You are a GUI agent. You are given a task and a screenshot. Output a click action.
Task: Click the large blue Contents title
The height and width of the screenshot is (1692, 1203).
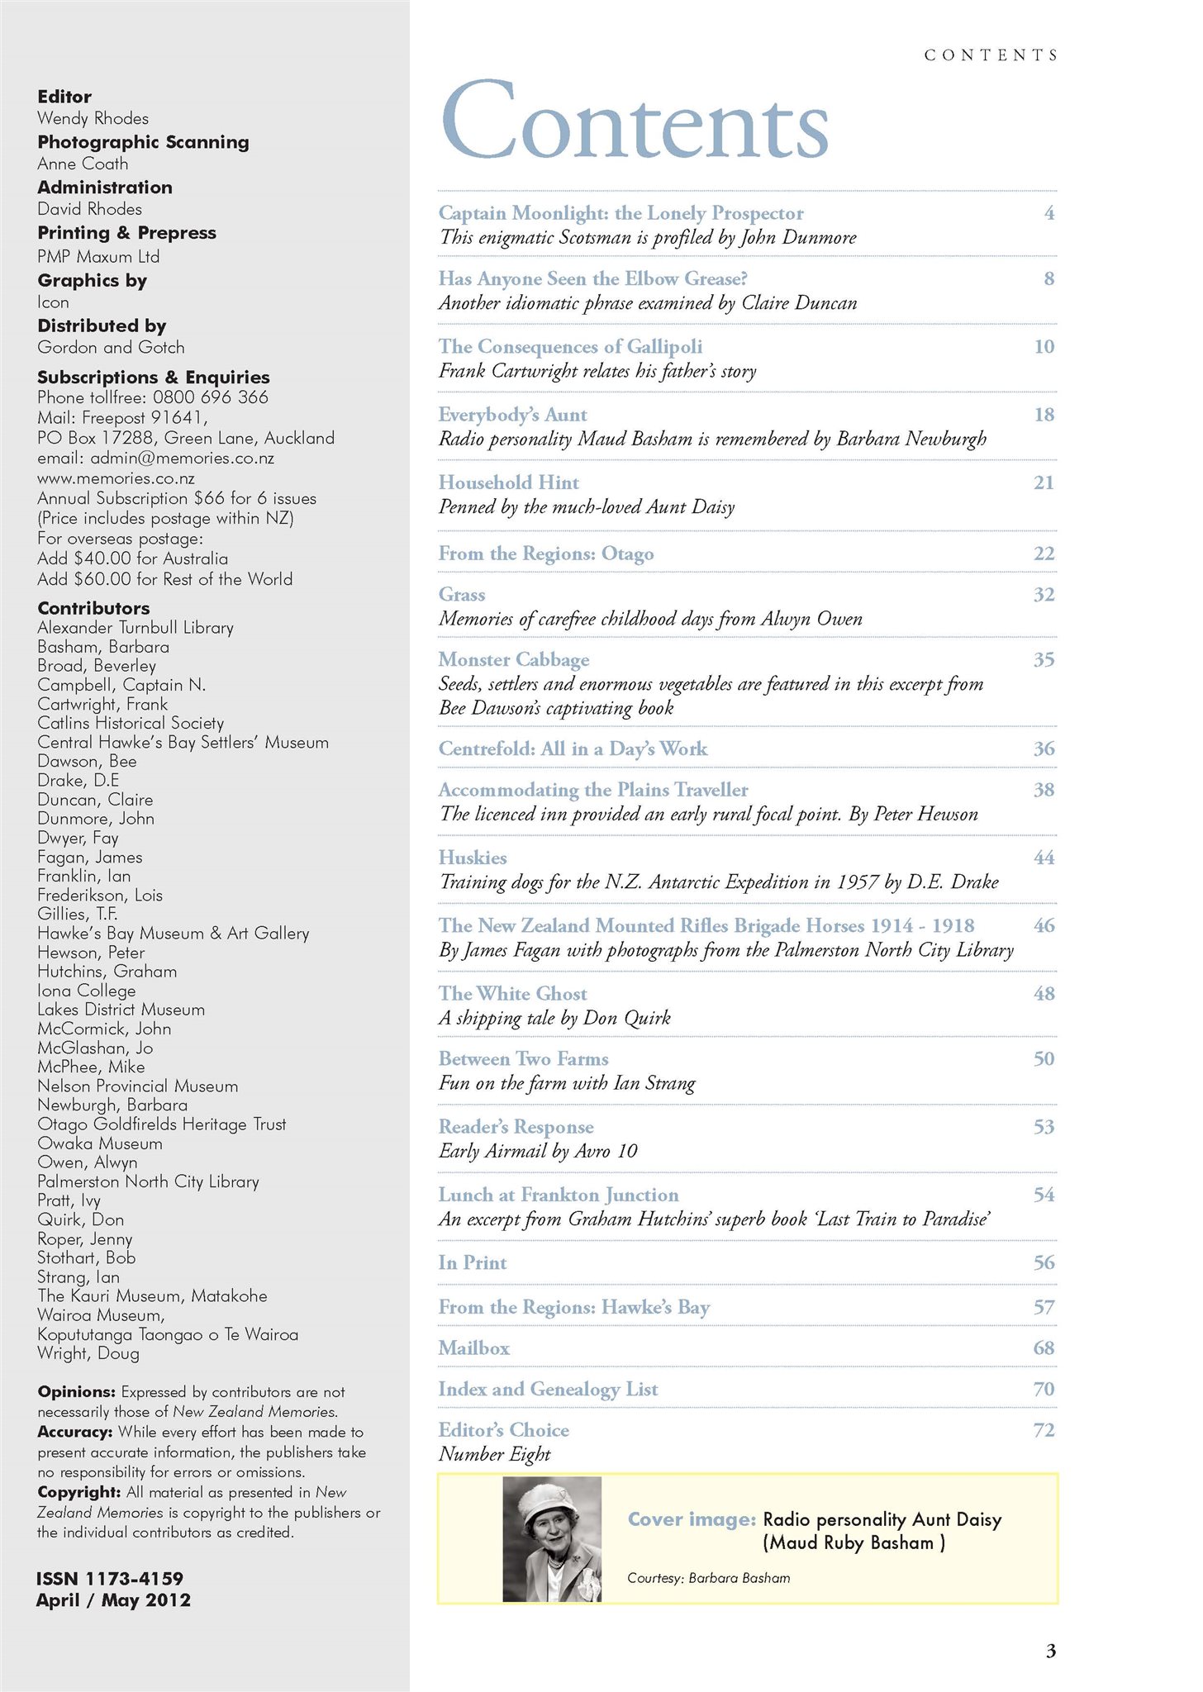pyautogui.click(x=634, y=121)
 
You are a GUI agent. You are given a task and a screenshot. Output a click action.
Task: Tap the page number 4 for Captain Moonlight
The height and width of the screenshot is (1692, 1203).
pyautogui.click(x=1048, y=213)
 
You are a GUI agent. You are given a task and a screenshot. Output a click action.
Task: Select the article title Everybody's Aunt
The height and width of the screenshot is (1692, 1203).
pyautogui.click(x=512, y=415)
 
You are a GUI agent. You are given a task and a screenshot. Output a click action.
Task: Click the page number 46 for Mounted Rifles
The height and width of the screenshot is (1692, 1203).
pyautogui.click(x=1044, y=925)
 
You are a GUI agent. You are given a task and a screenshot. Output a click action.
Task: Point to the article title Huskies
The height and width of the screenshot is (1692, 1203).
pyautogui.click(x=473, y=858)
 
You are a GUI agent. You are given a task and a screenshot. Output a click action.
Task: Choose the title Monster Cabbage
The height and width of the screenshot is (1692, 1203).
pyautogui.click(x=514, y=659)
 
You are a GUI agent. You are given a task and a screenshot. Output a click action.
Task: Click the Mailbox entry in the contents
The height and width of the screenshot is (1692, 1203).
pyautogui.click(x=474, y=1348)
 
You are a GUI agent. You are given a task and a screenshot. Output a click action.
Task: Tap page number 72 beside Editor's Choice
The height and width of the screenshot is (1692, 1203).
pyautogui.click(x=1044, y=1430)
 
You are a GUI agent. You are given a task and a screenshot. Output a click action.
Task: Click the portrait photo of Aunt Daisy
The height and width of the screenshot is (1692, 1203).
pyautogui.click(x=552, y=1539)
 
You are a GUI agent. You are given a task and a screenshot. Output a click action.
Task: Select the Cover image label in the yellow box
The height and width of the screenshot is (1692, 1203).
pyautogui.click(x=692, y=1519)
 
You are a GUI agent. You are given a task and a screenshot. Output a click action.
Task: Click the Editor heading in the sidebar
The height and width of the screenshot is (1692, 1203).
pyautogui.click(x=64, y=97)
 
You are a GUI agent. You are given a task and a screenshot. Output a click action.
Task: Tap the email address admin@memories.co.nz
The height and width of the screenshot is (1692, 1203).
pyautogui.click(x=155, y=459)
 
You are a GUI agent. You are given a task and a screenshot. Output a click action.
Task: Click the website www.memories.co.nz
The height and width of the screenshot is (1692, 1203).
pyautogui.click(x=116, y=478)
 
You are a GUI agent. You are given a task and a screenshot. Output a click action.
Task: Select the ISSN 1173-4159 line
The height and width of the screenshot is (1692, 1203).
pyautogui.click(x=109, y=1579)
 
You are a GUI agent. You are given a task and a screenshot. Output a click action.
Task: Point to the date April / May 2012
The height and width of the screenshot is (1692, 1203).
pyautogui.click(x=113, y=1600)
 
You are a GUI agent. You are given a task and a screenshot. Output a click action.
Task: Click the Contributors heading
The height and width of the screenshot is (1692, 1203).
pyautogui.click(x=93, y=608)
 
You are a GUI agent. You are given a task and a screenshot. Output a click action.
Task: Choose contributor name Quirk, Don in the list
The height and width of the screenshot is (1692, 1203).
pyautogui.click(x=80, y=1219)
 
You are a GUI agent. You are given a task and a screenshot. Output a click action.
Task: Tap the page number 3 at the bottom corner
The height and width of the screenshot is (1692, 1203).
pyautogui.click(x=1050, y=1652)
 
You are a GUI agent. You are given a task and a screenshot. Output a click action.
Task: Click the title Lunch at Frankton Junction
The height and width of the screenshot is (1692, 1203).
pyautogui.click(x=559, y=1195)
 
